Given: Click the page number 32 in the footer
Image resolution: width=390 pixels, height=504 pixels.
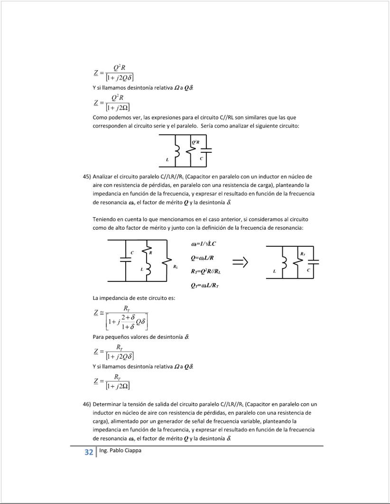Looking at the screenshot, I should click(88, 452).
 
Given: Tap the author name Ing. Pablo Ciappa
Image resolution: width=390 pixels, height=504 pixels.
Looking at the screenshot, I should click(121, 450).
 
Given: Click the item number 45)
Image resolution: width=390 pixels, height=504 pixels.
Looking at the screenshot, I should click(87, 177).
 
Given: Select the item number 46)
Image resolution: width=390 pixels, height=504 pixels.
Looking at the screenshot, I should click(87, 404).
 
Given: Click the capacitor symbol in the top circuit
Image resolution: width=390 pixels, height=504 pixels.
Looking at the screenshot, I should click(206, 151).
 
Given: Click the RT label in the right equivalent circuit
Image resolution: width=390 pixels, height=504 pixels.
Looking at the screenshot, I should click(302, 254).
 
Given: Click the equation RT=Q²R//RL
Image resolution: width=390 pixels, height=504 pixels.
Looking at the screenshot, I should click(206, 271).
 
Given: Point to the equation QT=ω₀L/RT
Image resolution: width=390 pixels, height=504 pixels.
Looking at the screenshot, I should click(205, 285).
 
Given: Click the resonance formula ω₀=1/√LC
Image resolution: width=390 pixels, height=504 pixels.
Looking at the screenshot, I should click(204, 244).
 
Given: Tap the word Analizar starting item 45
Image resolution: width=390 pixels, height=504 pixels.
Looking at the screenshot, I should click(103, 177).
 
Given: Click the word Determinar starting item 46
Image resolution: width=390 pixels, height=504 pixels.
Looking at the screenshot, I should click(107, 404).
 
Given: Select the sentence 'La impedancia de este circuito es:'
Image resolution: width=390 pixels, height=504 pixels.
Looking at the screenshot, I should click(134, 298).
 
